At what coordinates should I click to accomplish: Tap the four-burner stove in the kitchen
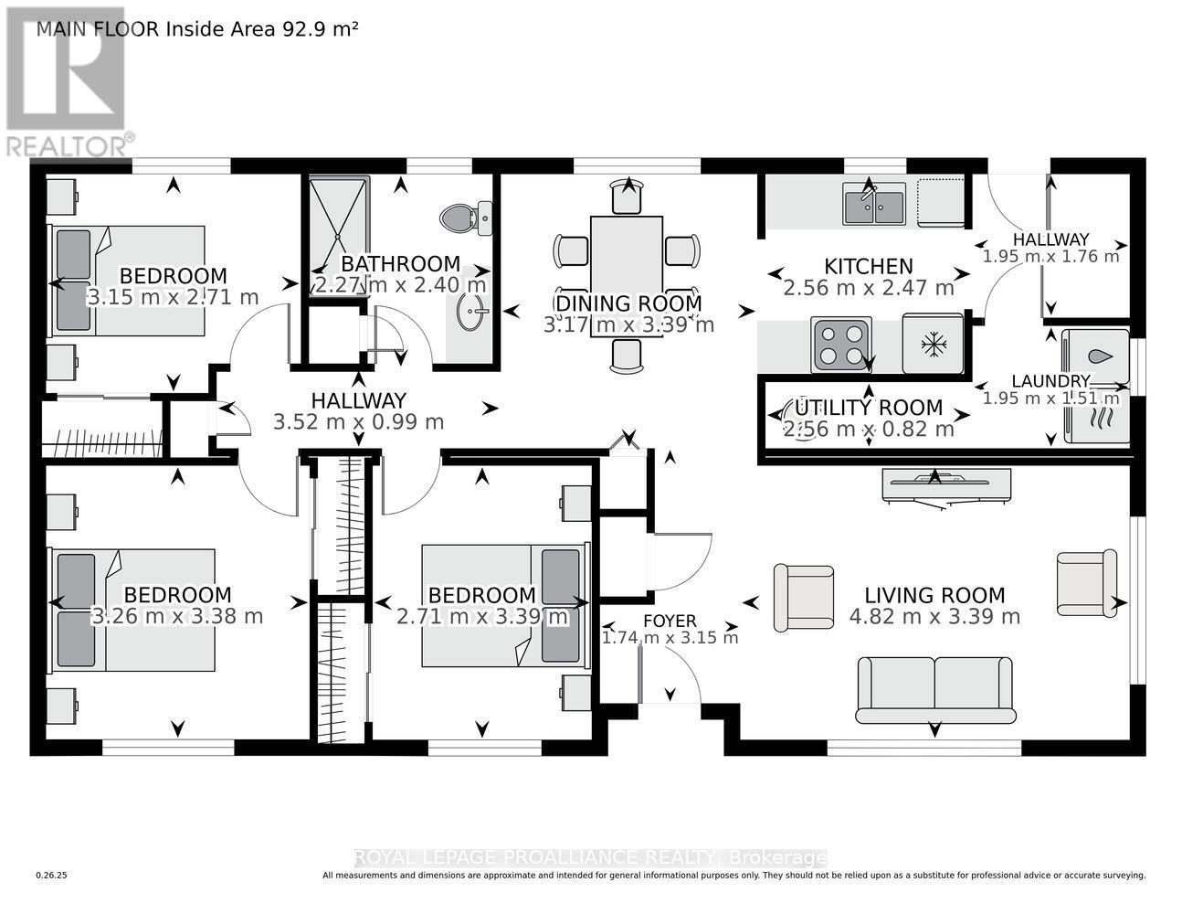coord(841,345)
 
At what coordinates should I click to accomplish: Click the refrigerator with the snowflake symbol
coord(933,344)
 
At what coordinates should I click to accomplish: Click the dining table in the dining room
coord(627,265)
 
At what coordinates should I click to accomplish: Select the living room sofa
coord(935,688)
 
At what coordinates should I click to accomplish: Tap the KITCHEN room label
coord(868,267)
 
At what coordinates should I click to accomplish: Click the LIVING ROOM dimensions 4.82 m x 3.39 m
coord(934,617)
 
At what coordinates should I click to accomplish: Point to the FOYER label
coord(670,622)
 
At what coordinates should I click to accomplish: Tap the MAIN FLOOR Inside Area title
coord(196,29)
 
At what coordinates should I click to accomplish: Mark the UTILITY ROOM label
coord(868,408)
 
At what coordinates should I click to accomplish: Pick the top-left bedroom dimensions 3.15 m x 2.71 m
coord(173,297)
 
